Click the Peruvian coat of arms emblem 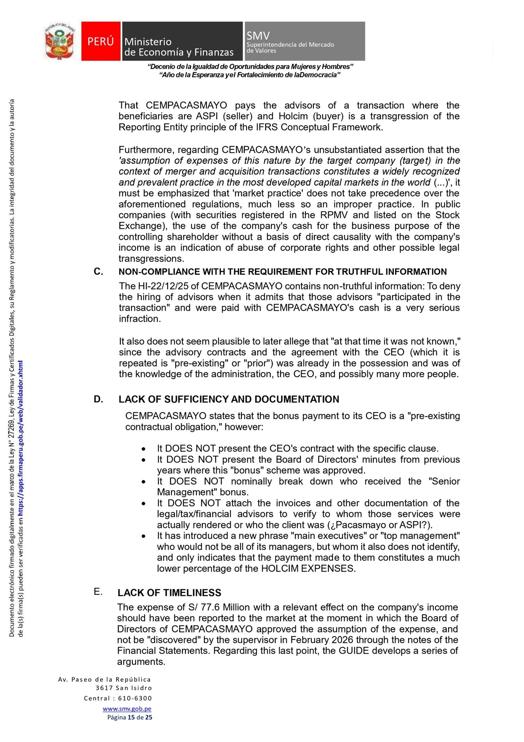pyautogui.click(x=60, y=41)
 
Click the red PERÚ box pyautogui.click(x=101, y=41)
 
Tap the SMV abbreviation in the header pyautogui.click(x=258, y=35)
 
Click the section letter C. pyautogui.click(x=98, y=271)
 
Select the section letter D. pyautogui.click(x=98, y=399)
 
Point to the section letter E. pyautogui.click(x=98, y=592)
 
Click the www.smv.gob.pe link pyautogui.click(x=127, y=709)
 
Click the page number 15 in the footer pyautogui.click(x=131, y=717)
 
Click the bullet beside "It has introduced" pyautogui.click(x=143, y=536)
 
